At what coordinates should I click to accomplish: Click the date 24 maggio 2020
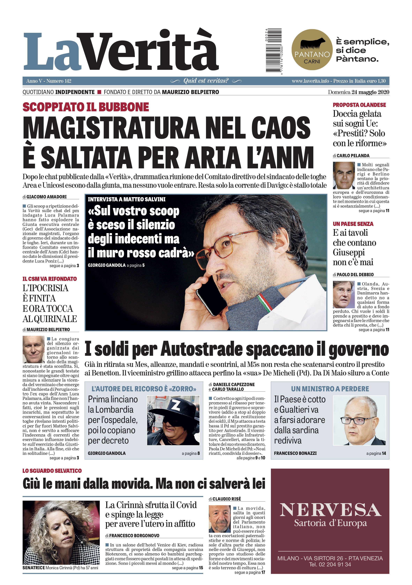click(x=370, y=92)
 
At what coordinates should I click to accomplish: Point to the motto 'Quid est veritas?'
click(x=206, y=81)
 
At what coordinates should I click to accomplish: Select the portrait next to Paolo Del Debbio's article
click(x=343, y=295)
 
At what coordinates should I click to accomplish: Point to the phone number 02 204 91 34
click(x=330, y=564)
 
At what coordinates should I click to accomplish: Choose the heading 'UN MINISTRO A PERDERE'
click(x=330, y=389)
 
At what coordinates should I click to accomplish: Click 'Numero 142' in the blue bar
click(x=59, y=81)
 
